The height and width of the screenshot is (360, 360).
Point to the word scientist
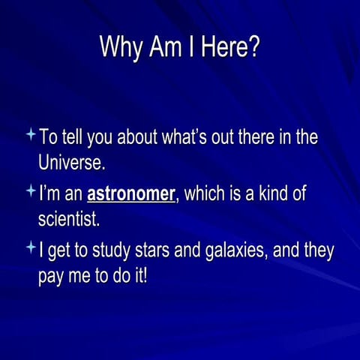(68, 220)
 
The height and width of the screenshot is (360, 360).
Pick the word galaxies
(224, 251)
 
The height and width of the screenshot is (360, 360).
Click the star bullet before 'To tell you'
(30, 135)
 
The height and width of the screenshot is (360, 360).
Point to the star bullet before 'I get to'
(30, 247)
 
